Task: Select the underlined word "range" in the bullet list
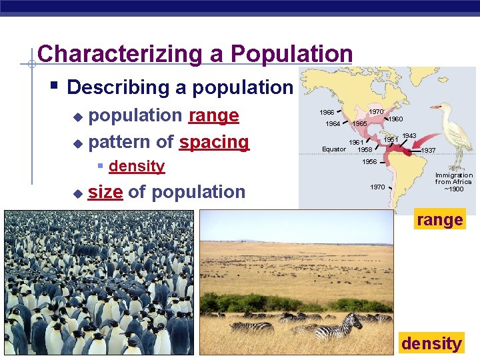pyautogui.click(x=213, y=115)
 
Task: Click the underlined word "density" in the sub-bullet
pyautogui.click(x=136, y=166)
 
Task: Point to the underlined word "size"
pyautogui.click(x=105, y=192)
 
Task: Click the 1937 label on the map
pyautogui.click(x=428, y=151)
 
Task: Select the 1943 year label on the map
pyautogui.click(x=409, y=136)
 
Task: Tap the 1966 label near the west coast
pyautogui.click(x=327, y=113)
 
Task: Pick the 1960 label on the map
pyautogui.click(x=395, y=119)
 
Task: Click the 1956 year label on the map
pyautogui.click(x=369, y=162)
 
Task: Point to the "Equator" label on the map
pyautogui.click(x=334, y=149)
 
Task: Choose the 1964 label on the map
pyautogui.click(x=333, y=124)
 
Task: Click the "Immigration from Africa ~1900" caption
pyautogui.click(x=453, y=182)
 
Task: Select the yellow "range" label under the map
pyautogui.click(x=439, y=220)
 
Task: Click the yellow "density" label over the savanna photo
pyautogui.click(x=431, y=343)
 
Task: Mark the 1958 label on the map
pyautogui.click(x=365, y=149)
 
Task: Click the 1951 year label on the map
pyautogui.click(x=391, y=139)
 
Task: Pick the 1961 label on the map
pyautogui.click(x=357, y=142)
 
